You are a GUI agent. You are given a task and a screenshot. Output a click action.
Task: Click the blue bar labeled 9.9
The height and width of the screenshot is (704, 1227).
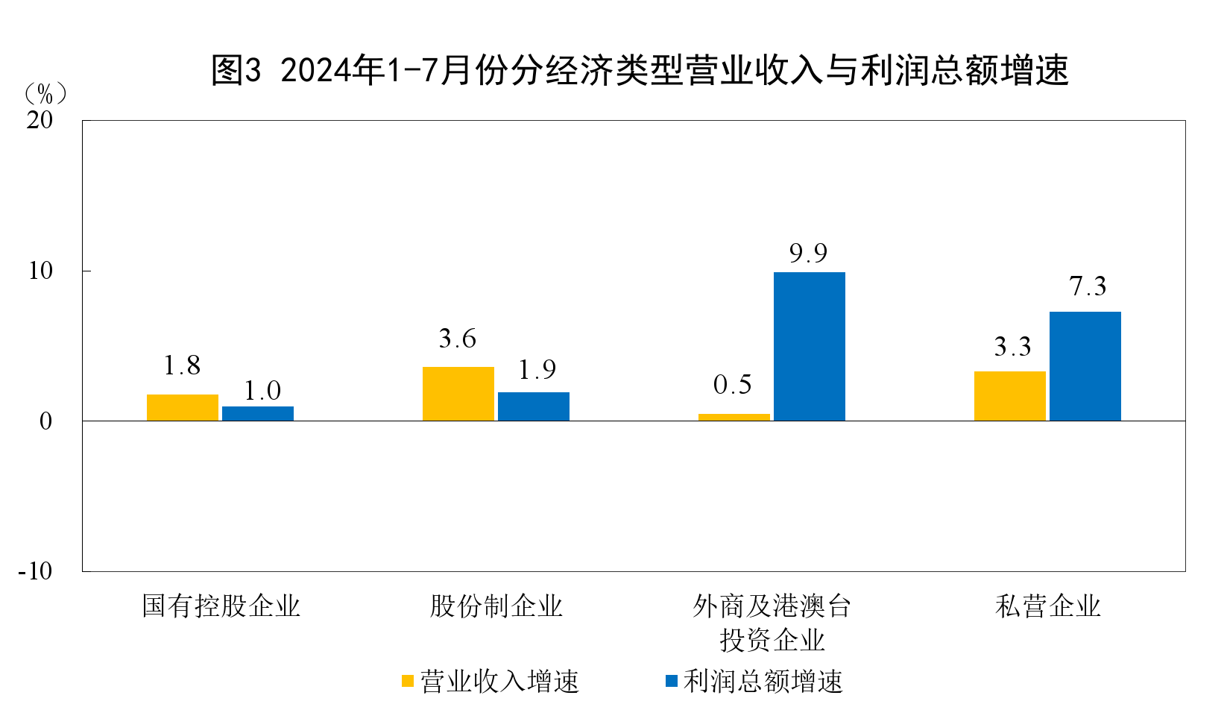809,346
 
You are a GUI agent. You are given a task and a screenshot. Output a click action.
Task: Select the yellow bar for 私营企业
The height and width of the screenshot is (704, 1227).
1009,396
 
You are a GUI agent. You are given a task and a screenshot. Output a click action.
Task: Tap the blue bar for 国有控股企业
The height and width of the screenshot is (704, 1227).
258,414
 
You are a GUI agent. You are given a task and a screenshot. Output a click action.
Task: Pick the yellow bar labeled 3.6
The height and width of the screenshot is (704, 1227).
458,394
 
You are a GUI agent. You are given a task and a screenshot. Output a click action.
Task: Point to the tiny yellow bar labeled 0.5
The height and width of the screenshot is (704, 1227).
734,417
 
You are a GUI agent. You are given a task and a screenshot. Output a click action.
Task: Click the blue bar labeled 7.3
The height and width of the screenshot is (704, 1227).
1085,366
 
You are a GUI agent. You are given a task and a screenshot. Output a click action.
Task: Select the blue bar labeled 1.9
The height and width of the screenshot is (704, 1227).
533,406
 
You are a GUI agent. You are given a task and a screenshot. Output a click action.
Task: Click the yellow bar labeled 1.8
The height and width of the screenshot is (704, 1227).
183,407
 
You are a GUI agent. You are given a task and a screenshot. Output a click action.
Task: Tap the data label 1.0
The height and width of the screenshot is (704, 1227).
262,391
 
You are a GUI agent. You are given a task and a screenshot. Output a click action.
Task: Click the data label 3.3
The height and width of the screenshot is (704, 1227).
1012,347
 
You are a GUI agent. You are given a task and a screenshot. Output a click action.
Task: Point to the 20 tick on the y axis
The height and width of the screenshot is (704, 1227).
40,120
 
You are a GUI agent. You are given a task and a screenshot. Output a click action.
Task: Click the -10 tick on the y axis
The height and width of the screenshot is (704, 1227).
35,571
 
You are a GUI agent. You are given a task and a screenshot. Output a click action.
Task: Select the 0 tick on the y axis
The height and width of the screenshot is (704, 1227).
45,421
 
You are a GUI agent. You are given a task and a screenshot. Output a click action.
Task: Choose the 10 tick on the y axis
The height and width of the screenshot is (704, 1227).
40,271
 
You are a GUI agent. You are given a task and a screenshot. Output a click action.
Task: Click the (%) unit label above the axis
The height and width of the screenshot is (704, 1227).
45,93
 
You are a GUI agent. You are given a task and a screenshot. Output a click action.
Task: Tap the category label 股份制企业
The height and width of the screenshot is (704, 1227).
496,606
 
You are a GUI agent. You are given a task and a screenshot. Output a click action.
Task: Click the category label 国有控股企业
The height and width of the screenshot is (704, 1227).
221,606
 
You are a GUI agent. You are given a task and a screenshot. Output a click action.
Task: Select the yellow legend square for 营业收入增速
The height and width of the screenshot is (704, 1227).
408,681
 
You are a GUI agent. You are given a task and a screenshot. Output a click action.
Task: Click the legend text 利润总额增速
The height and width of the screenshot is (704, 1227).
763,681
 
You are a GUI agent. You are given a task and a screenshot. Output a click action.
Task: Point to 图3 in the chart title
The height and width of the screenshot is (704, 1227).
236,71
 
